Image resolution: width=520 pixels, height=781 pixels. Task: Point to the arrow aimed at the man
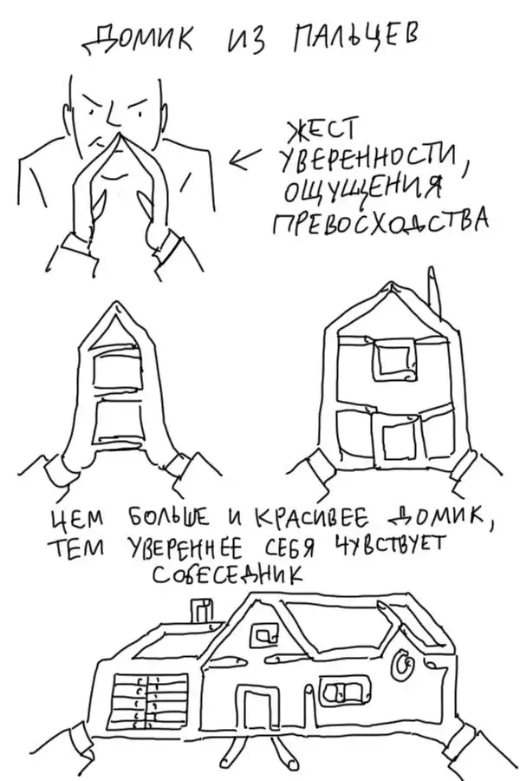pos(246,158)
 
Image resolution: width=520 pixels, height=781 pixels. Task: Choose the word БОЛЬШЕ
pos(168,519)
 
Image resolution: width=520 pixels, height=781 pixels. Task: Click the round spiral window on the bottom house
pos(403,666)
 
